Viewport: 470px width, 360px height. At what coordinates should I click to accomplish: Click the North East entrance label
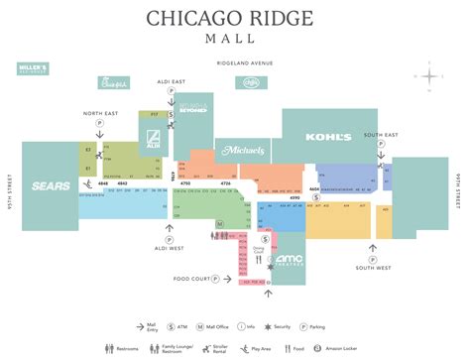coord(100,112)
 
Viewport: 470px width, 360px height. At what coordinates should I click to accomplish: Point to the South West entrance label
coord(375,268)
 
